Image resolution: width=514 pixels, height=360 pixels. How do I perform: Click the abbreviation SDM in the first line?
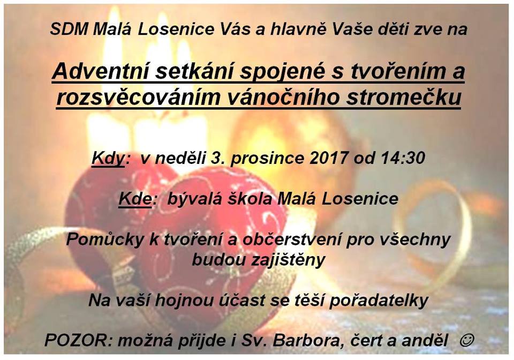coord(69,29)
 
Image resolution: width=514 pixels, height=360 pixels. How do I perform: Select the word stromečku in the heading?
coord(404,97)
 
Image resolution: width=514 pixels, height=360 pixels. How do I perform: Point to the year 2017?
coord(328,157)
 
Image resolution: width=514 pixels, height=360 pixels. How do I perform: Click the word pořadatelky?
coord(379,301)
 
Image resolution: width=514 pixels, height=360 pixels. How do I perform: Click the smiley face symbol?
coord(467,340)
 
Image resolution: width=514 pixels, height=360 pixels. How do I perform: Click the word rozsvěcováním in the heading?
coord(138,97)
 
